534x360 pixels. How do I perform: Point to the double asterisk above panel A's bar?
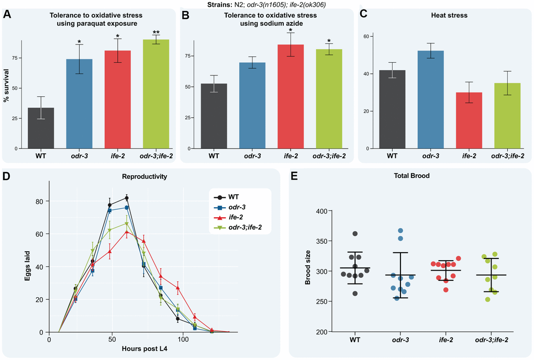(x=156, y=33)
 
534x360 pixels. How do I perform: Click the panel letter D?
(x=7, y=176)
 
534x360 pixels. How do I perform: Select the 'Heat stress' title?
(x=445, y=16)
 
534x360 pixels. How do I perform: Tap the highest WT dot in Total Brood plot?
(x=355, y=233)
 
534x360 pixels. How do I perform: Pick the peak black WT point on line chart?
(x=127, y=198)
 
